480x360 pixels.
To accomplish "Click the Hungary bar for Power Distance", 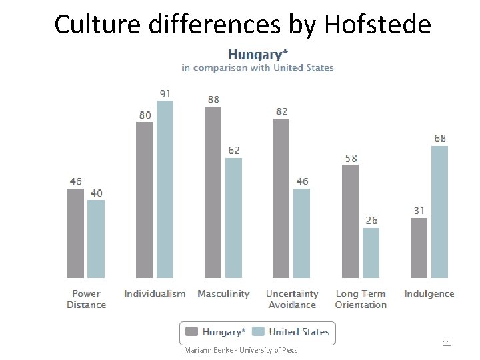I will pos(75,233).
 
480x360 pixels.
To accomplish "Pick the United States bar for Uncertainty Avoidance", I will pos(302,233).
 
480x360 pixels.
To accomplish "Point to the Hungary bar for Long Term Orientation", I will pos(350,221).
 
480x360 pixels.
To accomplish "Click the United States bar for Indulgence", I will pos(439,211).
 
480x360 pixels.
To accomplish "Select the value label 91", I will pos(165,93).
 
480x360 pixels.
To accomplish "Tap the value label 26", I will pos(371,220).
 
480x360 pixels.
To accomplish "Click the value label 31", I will pos(418,211).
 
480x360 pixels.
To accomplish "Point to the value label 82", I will pos(281,111).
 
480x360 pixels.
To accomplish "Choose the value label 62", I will pos(233,151).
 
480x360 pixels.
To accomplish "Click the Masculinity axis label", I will pos(223,294).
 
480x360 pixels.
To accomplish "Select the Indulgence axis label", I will pos(429,294).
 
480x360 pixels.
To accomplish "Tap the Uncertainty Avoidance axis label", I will pos(292,299).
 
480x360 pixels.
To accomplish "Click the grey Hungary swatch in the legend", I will pos(192,332).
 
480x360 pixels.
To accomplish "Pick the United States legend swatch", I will pos(259,332).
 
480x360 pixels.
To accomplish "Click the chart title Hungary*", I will pos(258,54).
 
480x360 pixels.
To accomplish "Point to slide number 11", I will pos(447,343).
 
